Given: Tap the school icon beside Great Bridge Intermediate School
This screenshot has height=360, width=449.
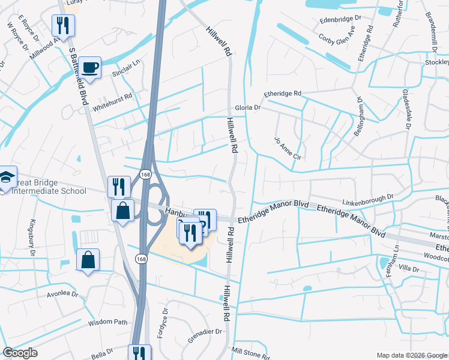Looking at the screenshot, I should (x=5, y=177).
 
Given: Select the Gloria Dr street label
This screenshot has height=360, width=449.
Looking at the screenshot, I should (x=247, y=108).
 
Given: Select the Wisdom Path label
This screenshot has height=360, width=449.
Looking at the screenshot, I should (x=108, y=322).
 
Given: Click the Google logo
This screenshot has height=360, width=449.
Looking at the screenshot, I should (x=20, y=353).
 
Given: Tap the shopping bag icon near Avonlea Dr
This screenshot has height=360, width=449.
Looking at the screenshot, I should (x=88, y=260).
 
